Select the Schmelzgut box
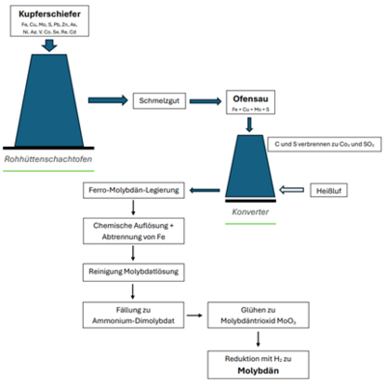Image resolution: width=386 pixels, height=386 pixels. pos(155,99)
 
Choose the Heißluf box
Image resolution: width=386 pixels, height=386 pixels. pos(330,188)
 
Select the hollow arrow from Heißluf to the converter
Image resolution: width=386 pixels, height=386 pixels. pos(291,188)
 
